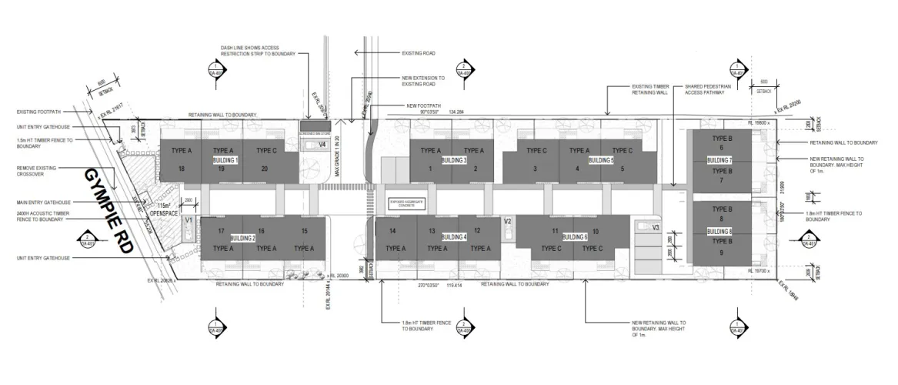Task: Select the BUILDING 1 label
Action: [225, 159]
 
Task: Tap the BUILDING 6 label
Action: [575, 237]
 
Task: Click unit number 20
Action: [265, 169]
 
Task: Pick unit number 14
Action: [392, 231]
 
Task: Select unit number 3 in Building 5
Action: [534, 169]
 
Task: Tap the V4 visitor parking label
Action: [322, 144]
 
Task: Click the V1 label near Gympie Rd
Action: [188, 220]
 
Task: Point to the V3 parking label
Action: [656, 227]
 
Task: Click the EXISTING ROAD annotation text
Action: [419, 53]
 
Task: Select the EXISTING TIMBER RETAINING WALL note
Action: [652, 89]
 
